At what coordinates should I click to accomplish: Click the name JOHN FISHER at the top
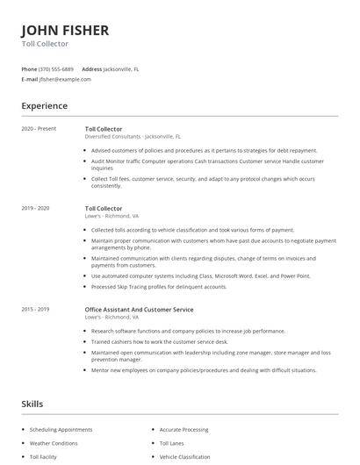click(65, 30)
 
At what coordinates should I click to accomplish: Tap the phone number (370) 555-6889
click(56, 68)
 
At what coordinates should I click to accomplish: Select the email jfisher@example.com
click(65, 79)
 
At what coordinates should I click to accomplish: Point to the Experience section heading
click(45, 106)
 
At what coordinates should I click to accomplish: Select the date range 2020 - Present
click(39, 129)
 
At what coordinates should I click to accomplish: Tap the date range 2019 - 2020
click(36, 208)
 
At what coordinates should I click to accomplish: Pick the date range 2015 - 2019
click(36, 310)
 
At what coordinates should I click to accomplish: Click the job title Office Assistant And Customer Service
click(139, 310)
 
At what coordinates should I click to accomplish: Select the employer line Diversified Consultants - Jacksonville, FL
click(133, 137)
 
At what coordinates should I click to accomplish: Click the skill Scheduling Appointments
click(61, 430)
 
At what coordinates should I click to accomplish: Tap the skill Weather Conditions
click(54, 443)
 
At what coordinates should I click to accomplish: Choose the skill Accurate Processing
click(184, 430)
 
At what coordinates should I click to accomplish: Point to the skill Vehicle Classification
click(184, 457)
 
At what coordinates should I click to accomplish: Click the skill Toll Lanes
click(172, 443)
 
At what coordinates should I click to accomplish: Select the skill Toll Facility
click(44, 457)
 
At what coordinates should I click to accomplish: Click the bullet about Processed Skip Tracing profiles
click(159, 286)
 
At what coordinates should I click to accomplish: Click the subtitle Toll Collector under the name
click(45, 43)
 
